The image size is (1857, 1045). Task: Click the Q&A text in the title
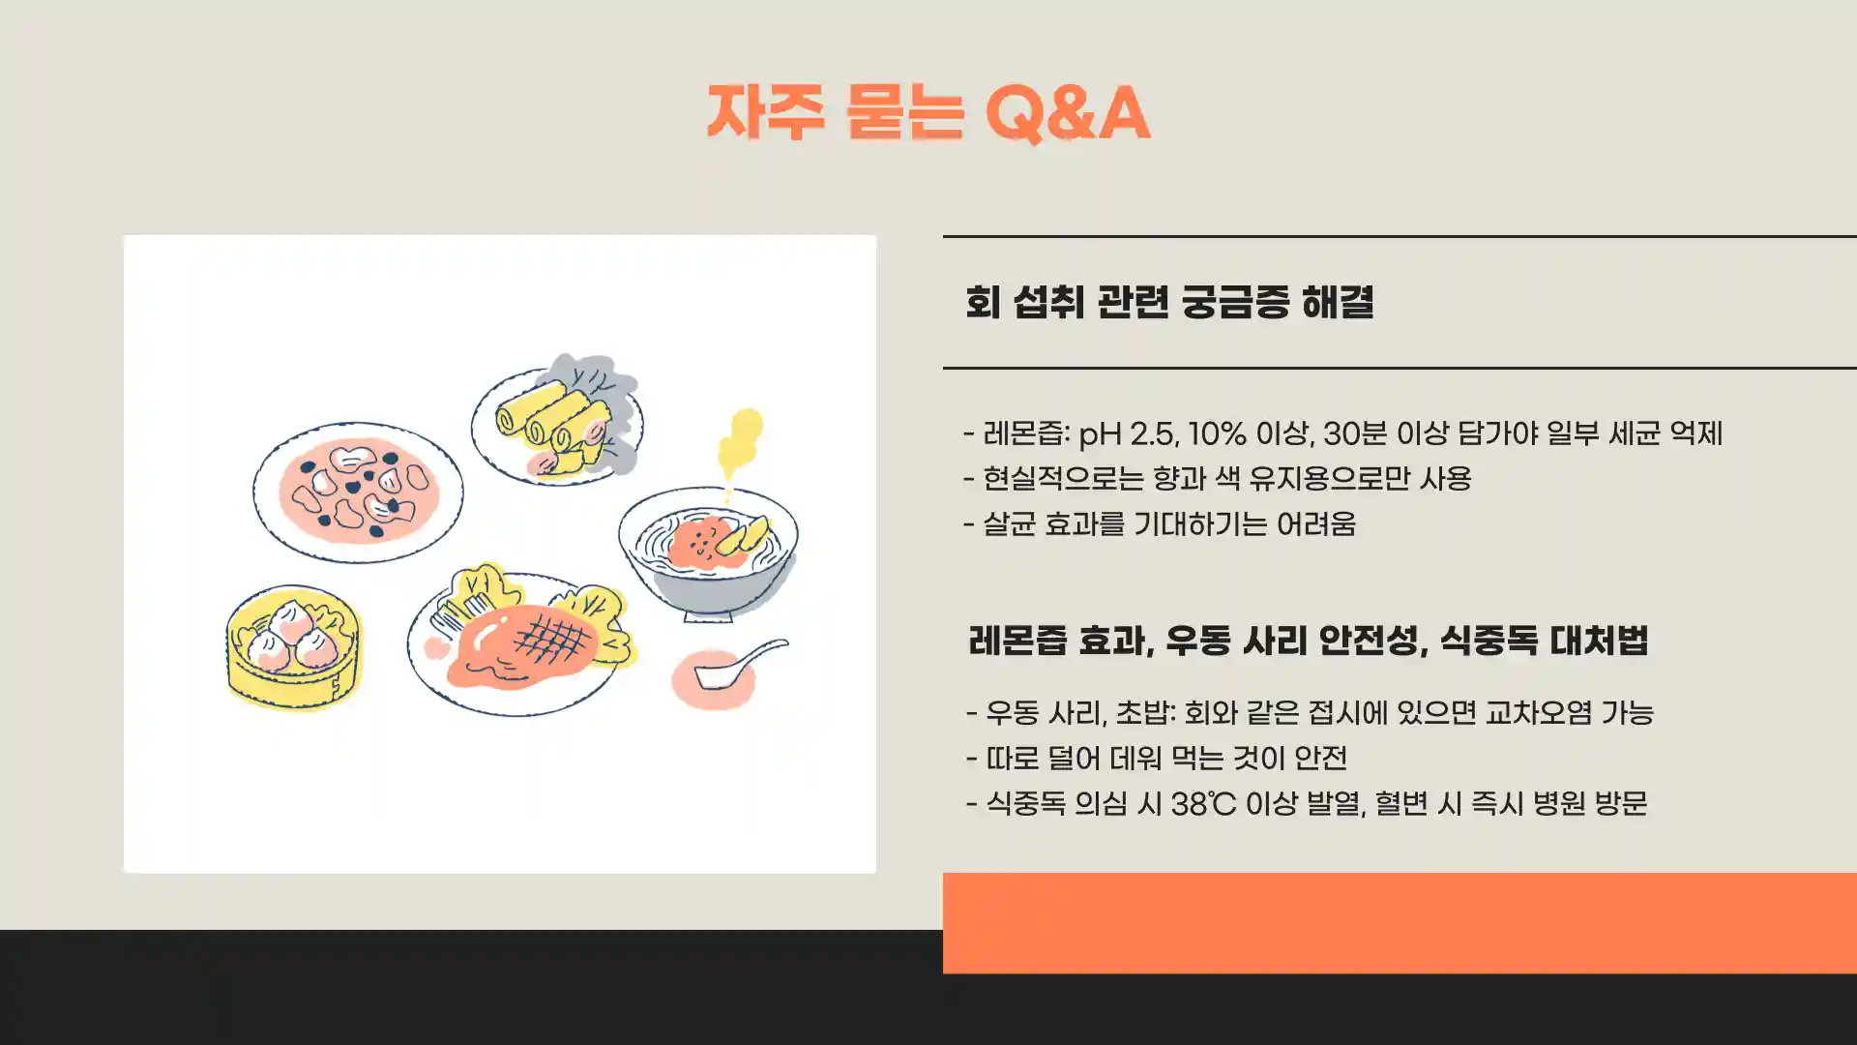click(x=1068, y=114)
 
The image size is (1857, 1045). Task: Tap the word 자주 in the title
click(x=765, y=114)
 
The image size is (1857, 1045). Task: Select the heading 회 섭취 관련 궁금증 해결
click(x=1169, y=302)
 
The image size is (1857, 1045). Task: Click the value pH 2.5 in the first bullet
click(x=1127, y=433)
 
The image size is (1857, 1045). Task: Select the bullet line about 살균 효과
click(x=1161, y=524)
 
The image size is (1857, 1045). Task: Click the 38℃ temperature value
click(x=1203, y=804)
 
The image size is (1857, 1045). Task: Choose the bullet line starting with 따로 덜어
click(x=1157, y=759)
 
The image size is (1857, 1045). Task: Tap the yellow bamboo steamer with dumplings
click(x=293, y=646)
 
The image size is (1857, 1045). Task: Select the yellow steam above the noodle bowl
click(x=741, y=441)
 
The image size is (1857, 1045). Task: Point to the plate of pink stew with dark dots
click(x=358, y=492)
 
